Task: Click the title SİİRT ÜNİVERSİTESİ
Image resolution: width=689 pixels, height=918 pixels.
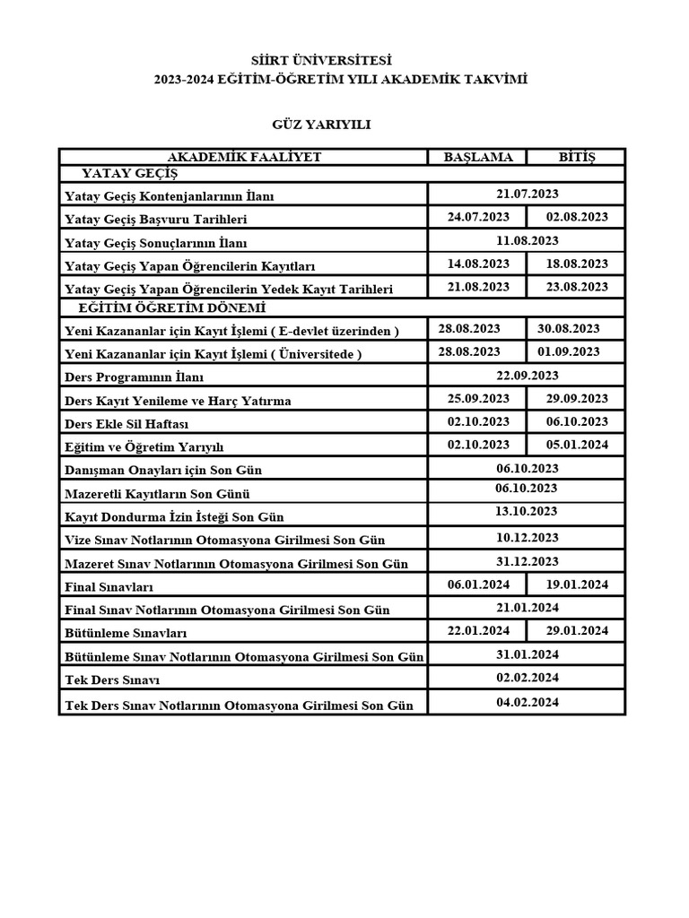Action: tap(335, 61)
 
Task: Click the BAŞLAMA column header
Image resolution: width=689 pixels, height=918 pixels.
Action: tap(478, 157)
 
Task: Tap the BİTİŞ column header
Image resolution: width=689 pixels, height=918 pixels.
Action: tap(577, 157)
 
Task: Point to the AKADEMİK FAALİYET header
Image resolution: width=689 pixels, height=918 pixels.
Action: tap(244, 157)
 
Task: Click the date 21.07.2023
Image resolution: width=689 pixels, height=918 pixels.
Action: tap(527, 194)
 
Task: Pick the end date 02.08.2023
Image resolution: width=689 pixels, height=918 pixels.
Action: tap(577, 217)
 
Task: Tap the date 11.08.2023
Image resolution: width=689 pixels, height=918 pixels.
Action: tap(527, 240)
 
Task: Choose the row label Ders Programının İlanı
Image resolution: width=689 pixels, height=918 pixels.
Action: tap(135, 377)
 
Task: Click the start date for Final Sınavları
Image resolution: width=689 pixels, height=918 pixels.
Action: tap(478, 585)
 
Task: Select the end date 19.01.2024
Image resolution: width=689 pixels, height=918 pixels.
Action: tap(577, 585)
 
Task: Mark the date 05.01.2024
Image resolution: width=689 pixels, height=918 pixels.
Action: tap(577, 445)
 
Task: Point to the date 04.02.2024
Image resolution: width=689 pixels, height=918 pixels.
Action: tap(527, 702)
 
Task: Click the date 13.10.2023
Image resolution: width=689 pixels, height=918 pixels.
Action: tap(527, 511)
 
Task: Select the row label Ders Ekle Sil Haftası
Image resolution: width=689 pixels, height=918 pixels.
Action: tap(126, 424)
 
